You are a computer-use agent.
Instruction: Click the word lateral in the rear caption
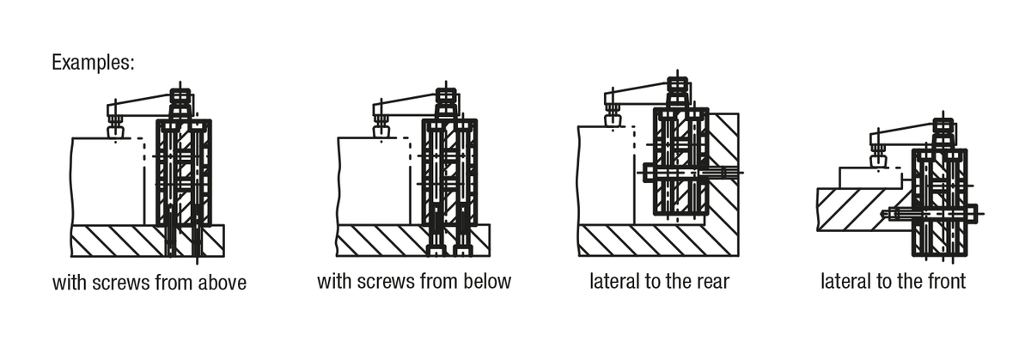[613, 281]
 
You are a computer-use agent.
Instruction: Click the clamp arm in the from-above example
[142, 103]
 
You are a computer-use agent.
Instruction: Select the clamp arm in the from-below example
[407, 103]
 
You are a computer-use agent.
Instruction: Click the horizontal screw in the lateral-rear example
[687, 173]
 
